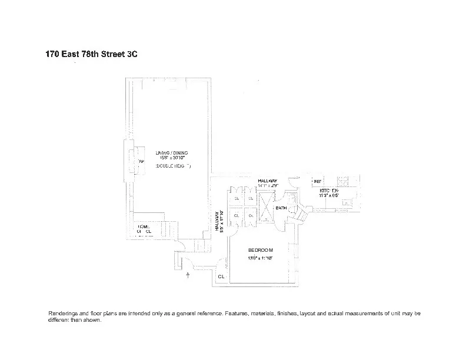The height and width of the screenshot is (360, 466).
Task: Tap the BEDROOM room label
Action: pyautogui.click(x=260, y=250)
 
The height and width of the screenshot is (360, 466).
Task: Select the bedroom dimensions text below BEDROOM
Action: pyautogui.click(x=260, y=258)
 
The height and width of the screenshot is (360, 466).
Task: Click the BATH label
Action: pyautogui.click(x=281, y=208)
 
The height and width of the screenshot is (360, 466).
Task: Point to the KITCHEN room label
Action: pyautogui.click(x=329, y=191)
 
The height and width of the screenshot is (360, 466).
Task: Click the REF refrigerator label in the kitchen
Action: pyautogui.click(x=317, y=182)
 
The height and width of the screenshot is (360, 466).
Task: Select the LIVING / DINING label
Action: pyautogui.click(x=172, y=153)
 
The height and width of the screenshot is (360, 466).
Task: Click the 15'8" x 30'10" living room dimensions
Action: pyautogui.click(x=172, y=159)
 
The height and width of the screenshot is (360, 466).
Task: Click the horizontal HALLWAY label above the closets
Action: pyautogui.click(x=268, y=181)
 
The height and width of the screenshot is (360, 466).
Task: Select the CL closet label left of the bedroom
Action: pyautogui.click(x=221, y=276)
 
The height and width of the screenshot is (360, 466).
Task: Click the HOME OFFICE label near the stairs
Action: pyautogui.click(x=144, y=229)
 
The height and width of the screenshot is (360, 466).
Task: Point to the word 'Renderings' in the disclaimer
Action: pyautogui.click(x=63, y=314)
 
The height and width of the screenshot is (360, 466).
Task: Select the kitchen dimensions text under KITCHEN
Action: pyautogui.click(x=329, y=197)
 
